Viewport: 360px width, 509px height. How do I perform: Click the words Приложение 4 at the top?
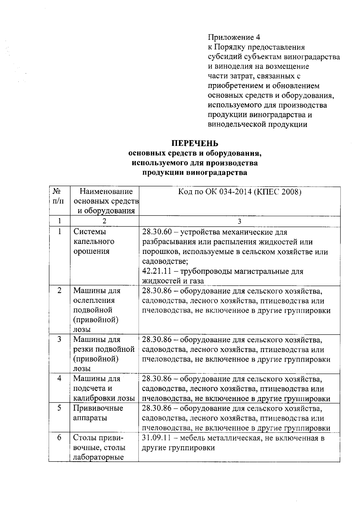click(234, 37)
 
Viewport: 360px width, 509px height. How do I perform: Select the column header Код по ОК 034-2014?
click(239, 192)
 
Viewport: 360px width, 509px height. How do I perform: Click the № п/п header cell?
click(59, 196)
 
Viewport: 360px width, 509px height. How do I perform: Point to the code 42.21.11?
click(156, 271)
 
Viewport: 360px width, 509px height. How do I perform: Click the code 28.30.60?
click(156, 232)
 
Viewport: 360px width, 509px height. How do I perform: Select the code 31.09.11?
click(156, 438)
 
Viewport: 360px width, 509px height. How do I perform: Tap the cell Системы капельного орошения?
click(90, 242)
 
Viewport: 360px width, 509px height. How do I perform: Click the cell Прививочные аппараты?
click(98, 413)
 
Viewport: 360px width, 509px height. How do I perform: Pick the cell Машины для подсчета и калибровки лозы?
click(103, 389)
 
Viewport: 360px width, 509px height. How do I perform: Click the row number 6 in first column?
click(59, 438)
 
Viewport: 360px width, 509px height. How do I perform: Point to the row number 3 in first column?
click(59, 339)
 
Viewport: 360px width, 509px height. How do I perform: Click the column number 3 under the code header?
click(239, 222)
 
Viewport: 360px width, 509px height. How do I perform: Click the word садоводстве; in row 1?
click(165, 261)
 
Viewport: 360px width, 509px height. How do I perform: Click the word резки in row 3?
click(83, 349)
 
